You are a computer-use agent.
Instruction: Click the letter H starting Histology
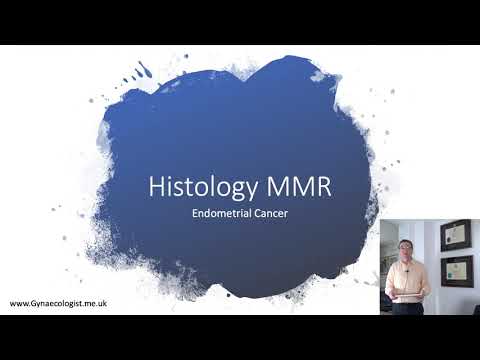click(154, 187)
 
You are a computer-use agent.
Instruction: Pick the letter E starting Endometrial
click(195, 214)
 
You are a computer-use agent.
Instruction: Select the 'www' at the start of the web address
click(18, 303)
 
